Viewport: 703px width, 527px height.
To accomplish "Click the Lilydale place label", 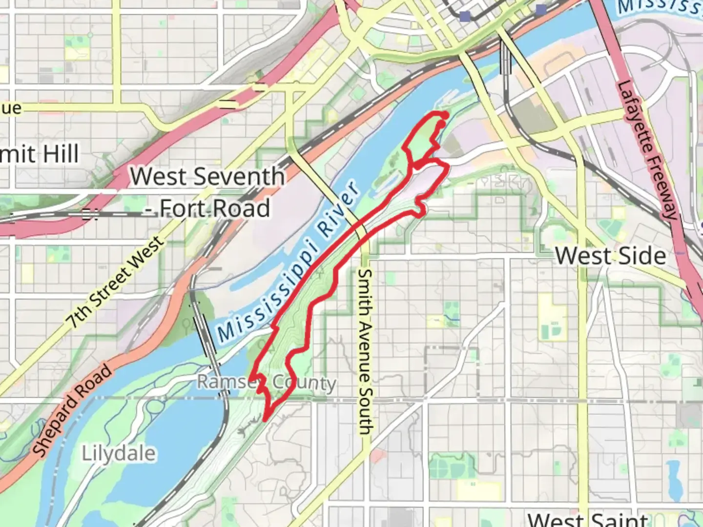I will point(119,453).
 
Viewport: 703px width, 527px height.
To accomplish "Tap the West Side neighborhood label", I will point(611,256).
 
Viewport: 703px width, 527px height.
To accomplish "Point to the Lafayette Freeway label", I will point(647,149).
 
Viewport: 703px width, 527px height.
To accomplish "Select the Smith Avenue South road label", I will point(365,351).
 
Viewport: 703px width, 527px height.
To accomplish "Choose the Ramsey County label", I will point(267,382).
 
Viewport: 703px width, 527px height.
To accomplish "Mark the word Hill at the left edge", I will point(61,154).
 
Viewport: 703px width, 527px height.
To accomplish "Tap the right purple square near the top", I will point(541,9).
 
